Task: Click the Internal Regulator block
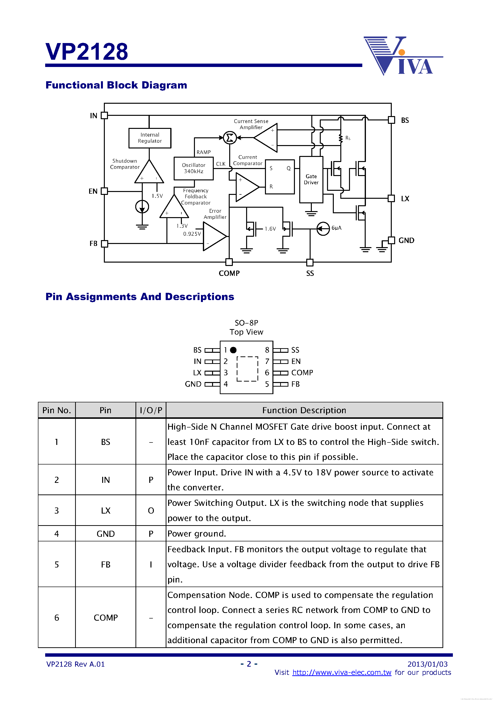(150, 138)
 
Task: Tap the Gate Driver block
(311, 179)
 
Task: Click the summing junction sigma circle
(229, 138)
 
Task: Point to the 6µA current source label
(336, 228)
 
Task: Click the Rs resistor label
(348, 138)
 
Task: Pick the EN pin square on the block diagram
(104, 191)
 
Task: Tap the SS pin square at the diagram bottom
(310, 262)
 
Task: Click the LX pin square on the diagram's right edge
(391, 198)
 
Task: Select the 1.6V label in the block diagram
(270, 229)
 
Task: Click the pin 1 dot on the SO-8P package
(233, 350)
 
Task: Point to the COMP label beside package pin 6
(302, 373)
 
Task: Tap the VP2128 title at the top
(87, 52)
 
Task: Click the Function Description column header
(304, 410)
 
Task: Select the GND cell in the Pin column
(106, 534)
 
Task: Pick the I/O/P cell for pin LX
(151, 510)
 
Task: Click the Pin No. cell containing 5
(57, 564)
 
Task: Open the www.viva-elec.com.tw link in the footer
(342, 672)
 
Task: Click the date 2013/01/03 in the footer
(427, 664)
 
